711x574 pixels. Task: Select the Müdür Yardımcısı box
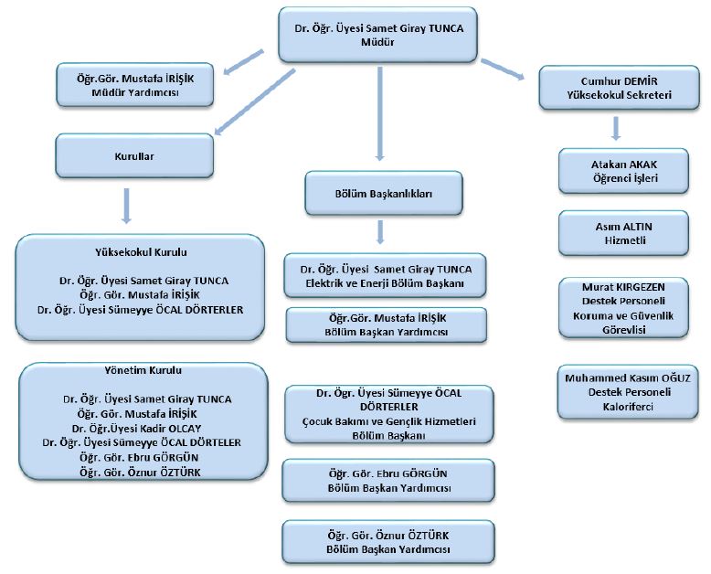pos(138,86)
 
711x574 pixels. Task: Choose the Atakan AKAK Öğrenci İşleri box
pos(623,171)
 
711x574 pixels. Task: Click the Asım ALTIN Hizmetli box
pos(623,232)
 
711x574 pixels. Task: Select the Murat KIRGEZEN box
pos(623,308)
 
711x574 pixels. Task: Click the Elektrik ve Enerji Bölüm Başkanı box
pos(384,276)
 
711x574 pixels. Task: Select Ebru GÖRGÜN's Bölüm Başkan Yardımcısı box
pos(388,481)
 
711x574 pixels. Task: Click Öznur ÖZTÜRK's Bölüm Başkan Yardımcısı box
pos(388,542)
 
